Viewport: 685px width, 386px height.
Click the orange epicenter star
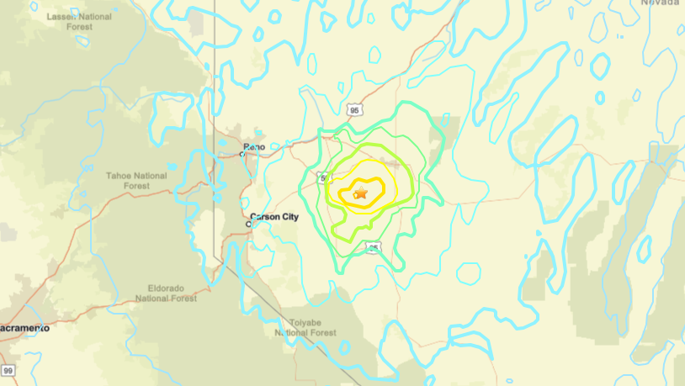[361, 194]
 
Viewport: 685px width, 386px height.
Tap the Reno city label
[254, 146]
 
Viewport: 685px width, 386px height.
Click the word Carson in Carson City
[265, 216]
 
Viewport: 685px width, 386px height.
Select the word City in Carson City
[289, 216]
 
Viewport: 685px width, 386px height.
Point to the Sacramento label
[24, 328]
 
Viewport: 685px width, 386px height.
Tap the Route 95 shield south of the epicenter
[374, 247]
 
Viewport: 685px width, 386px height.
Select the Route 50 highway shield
[323, 178]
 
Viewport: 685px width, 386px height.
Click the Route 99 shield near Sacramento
[8, 370]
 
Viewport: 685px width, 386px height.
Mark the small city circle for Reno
[242, 154]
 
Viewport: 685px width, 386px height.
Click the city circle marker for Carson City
[249, 224]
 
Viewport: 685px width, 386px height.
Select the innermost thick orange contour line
[382, 187]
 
